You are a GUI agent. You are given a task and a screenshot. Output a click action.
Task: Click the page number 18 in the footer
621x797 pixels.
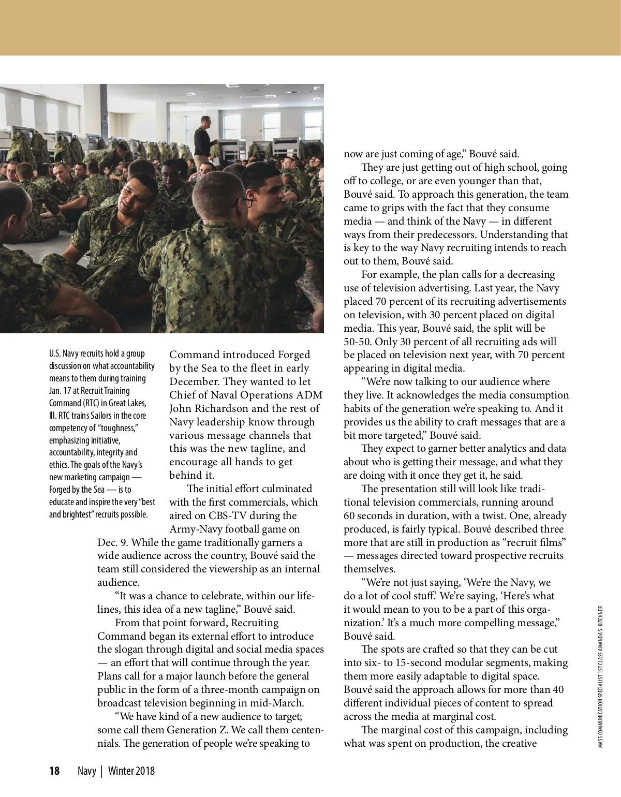pyautogui.click(x=54, y=771)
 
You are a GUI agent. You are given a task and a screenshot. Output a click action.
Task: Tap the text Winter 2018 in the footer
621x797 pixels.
pyautogui.click(x=131, y=771)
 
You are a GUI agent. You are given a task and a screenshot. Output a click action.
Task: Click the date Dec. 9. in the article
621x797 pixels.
pyautogui.click(x=113, y=542)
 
